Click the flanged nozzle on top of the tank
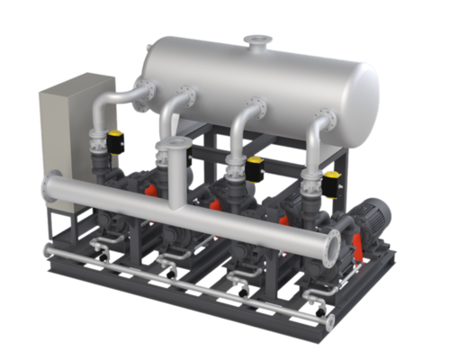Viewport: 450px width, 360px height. click(x=262, y=41)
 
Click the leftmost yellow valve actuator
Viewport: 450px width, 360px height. click(x=115, y=139)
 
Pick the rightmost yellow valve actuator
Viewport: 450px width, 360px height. click(x=332, y=179)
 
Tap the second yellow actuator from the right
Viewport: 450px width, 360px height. click(x=255, y=166)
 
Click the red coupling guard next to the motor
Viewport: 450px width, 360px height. click(x=355, y=245)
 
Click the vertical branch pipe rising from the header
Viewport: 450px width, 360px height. click(x=186, y=175)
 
